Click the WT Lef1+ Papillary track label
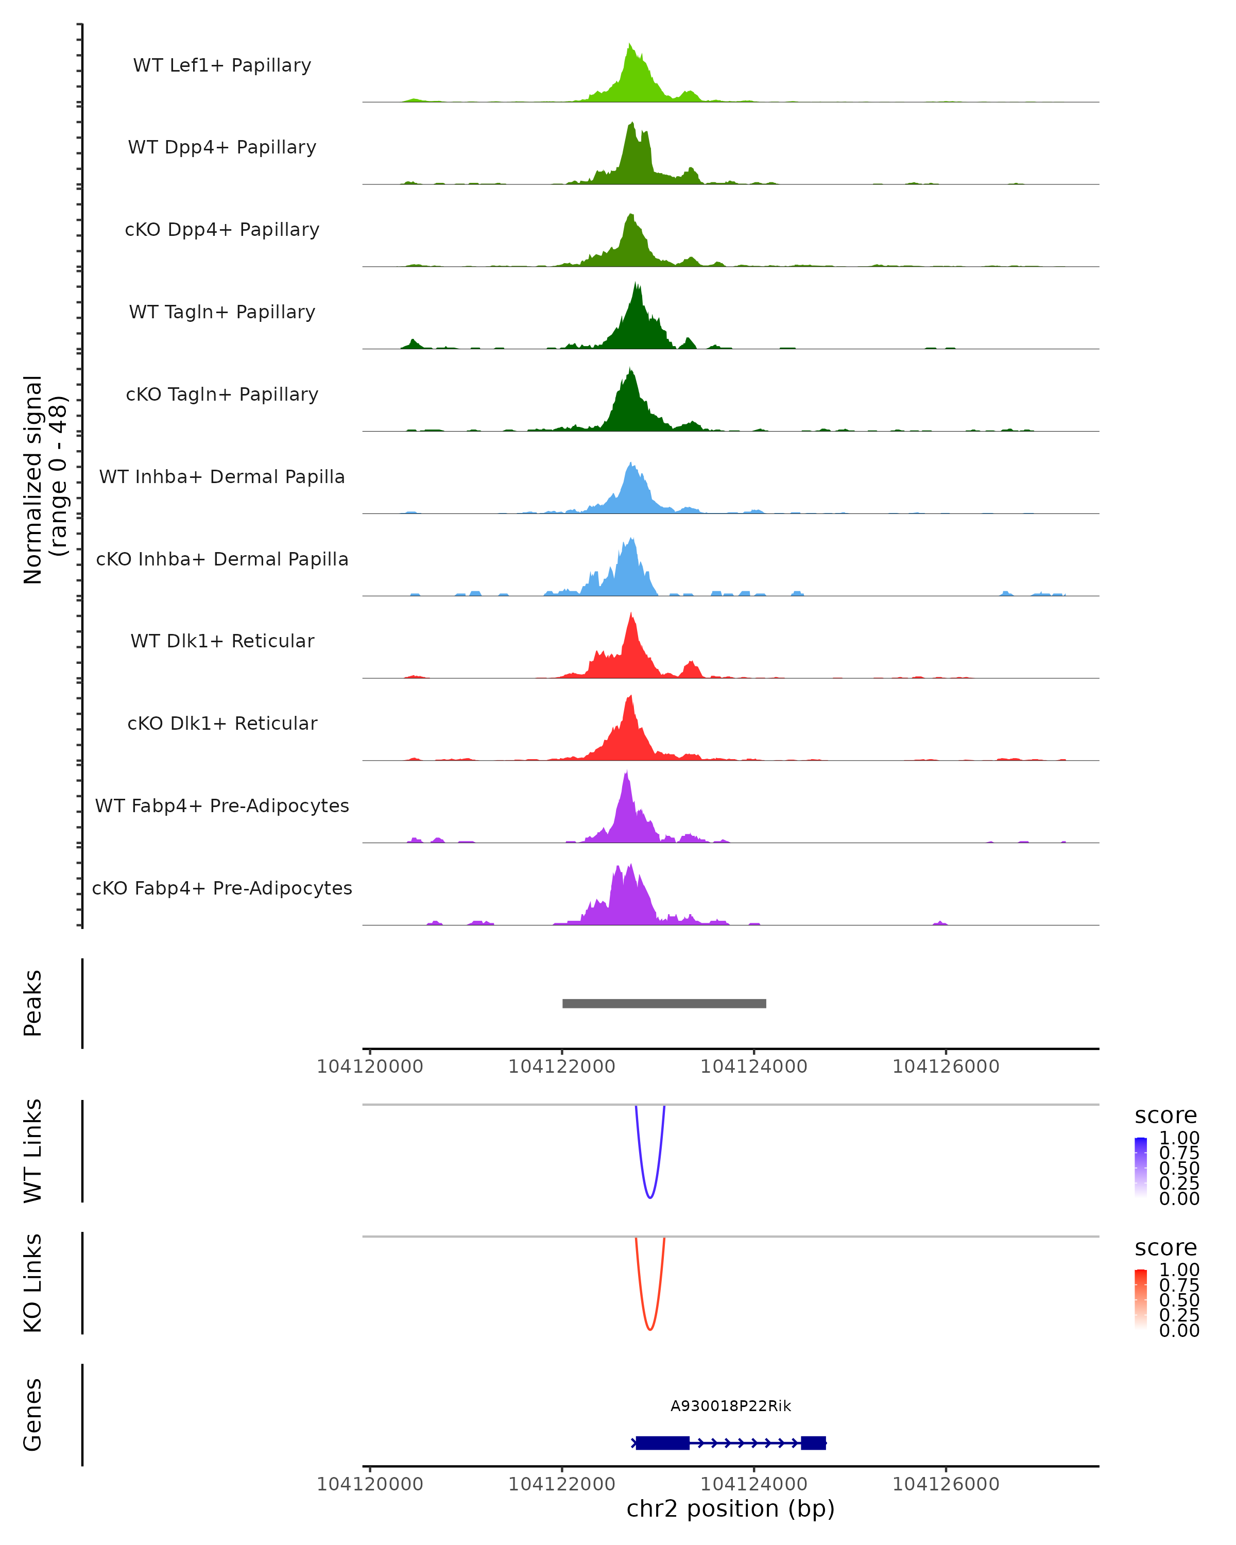coord(222,65)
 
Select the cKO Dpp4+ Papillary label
coord(222,230)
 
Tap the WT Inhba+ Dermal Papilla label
coord(222,477)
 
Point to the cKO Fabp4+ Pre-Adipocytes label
coord(222,888)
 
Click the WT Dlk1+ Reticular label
coord(222,641)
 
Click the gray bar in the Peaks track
coord(664,1004)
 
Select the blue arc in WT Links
coord(650,1197)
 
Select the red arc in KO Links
coord(650,1329)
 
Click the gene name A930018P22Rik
coord(731,1406)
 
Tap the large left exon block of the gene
coord(663,1443)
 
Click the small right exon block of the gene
coord(813,1443)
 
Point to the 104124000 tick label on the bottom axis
coord(754,1484)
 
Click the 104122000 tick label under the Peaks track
coord(562,1067)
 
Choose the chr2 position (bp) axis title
coord(731,1509)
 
